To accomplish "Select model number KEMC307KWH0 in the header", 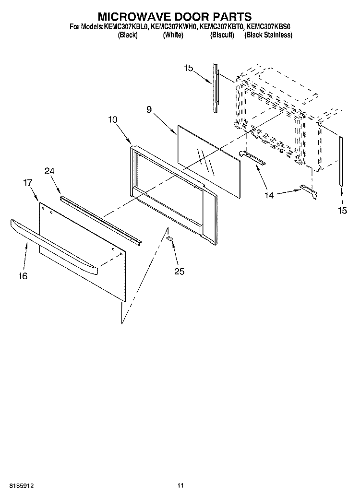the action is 174,27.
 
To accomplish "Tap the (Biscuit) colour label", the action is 222,35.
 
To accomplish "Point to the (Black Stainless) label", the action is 268,35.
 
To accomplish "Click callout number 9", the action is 149,109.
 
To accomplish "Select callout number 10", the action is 113,119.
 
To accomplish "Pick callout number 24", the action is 49,171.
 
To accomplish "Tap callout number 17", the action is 27,182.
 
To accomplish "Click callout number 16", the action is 23,276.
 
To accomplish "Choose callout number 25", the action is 179,272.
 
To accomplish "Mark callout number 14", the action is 269,196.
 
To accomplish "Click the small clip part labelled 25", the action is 170,238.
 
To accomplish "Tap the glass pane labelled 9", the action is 208,162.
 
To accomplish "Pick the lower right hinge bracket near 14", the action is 309,191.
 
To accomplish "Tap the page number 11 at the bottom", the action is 180,485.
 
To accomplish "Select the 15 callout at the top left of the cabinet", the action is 188,68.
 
